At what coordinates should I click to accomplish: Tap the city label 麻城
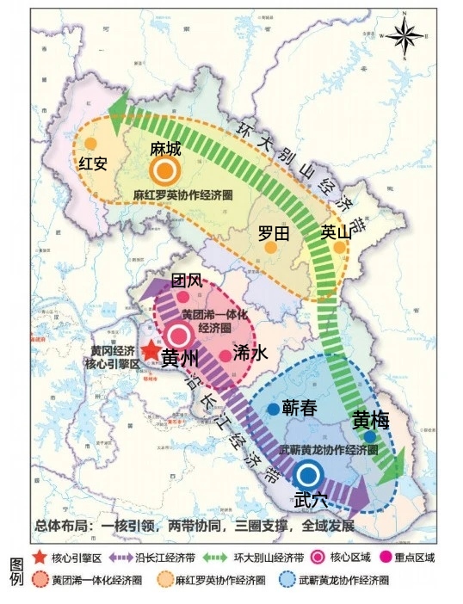click(x=165, y=149)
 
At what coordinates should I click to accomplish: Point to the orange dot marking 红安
click(x=90, y=144)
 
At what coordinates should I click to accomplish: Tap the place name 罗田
click(x=274, y=232)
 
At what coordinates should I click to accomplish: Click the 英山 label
click(x=336, y=231)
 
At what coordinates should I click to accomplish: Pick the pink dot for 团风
click(x=182, y=297)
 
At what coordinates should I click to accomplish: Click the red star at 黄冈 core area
click(x=151, y=351)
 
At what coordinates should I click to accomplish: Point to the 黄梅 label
click(x=370, y=421)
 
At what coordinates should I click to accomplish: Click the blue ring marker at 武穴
click(x=308, y=473)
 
